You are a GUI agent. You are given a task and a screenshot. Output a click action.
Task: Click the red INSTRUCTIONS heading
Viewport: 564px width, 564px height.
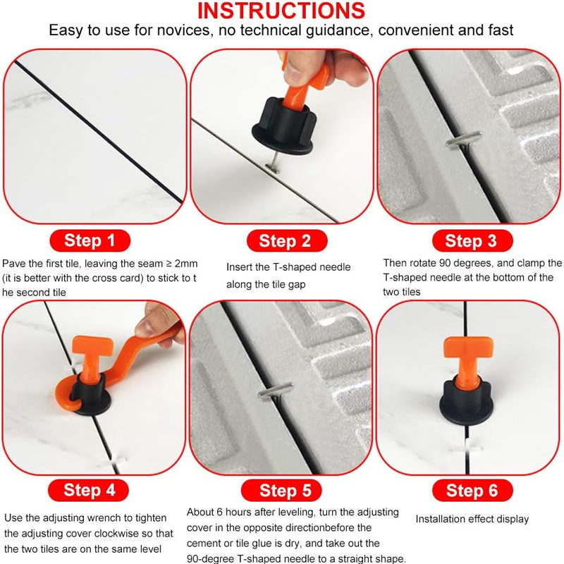pyautogui.click(x=281, y=11)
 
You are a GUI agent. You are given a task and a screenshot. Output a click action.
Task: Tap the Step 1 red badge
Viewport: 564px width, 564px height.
pyautogui.click(x=90, y=240)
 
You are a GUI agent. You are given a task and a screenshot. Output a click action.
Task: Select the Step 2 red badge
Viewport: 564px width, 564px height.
pyautogui.click(x=287, y=240)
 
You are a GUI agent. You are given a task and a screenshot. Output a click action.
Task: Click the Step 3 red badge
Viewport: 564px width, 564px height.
pyautogui.click(x=472, y=240)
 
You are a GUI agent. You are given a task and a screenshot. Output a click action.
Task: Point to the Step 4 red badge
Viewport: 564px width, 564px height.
pyautogui.click(x=89, y=490)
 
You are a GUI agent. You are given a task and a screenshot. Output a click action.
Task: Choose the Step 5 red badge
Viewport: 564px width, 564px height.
pyautogui.click(x=281, y=490)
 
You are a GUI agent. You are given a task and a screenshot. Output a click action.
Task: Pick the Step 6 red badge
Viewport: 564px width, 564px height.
pyautogui.click(x=472, y=490)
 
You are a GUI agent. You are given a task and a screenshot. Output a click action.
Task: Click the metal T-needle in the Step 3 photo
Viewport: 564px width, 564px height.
pyautogui.click(x=463, y=140)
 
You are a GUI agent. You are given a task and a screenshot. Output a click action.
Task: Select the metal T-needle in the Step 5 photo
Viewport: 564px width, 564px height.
pyautogui.click(x=275, y=391)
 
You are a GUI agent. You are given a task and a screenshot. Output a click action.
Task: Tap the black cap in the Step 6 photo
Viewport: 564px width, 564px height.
pyautogui.click(x=466, y=403)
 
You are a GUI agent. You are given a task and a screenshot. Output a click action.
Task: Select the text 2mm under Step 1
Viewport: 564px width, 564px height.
pyautogui.click(x=186, y=264)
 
